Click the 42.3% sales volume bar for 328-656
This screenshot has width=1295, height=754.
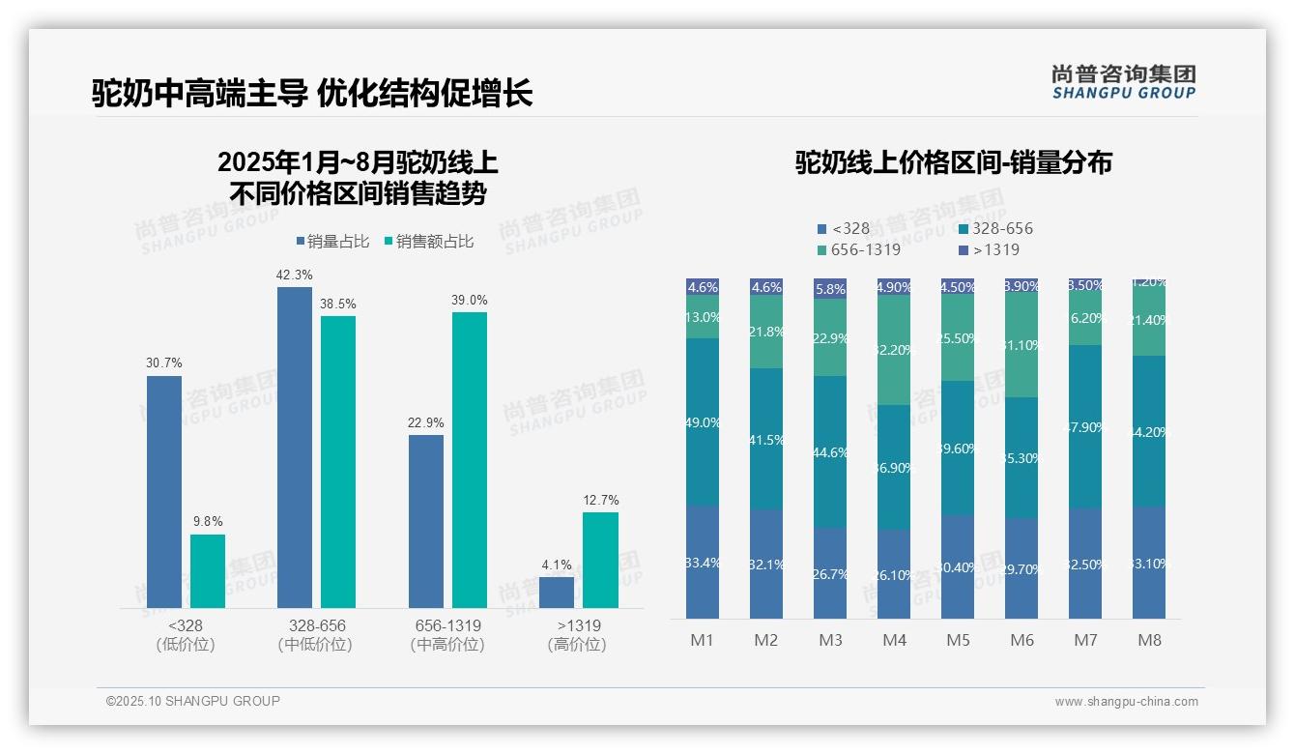tap(295, 447)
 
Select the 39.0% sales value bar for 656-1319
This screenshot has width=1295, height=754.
tap(470, 459)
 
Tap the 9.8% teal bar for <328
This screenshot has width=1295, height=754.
tap(208, 571)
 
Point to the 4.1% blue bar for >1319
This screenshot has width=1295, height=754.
tap(557, 593)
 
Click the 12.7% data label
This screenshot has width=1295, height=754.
tap(601, 500)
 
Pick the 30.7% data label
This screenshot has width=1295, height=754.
tap(164, 362)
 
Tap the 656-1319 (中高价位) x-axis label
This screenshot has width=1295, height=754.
tap(447, 635)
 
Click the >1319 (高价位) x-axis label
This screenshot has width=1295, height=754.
tap(578, 635)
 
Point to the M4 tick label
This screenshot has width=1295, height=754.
tap(894, 640)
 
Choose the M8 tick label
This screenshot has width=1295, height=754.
tap(1149, 640)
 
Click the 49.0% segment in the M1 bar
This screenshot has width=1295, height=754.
tap(703, 422)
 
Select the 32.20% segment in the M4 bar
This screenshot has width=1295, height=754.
tap(894, 350)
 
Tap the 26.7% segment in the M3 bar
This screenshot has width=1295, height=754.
tap(830, 573)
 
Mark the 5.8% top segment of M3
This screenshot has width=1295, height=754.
tap(830, 289)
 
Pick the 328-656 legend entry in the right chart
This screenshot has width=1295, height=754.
tap(996, 229)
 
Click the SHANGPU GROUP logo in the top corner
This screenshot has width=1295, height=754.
tap(1123, 82)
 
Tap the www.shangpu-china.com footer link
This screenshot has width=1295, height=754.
tap(1126, 702)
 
